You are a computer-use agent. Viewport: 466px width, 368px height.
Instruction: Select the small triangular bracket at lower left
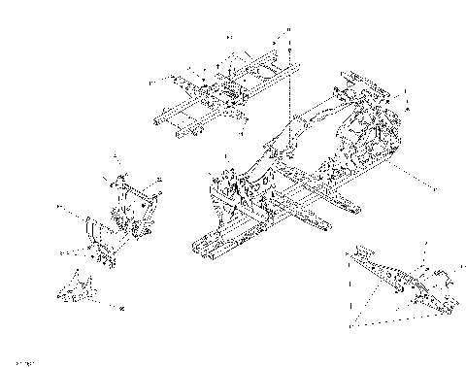79,286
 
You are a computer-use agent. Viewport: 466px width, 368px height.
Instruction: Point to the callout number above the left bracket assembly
116,156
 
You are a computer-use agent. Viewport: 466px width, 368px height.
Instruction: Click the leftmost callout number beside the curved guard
59,207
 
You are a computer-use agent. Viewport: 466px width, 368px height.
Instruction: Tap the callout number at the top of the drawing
229,36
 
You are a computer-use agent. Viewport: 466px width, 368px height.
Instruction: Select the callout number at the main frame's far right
434,184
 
